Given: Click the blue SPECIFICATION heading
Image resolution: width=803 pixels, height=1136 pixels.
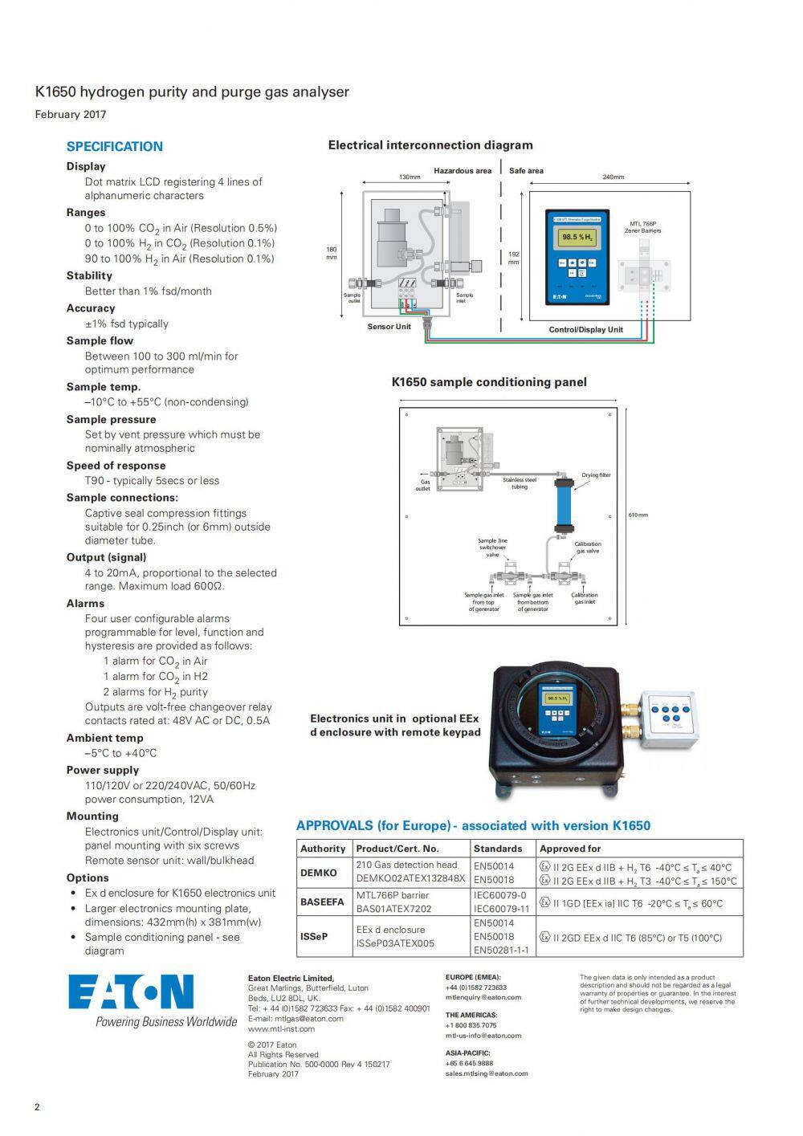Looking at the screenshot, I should pos(114,146).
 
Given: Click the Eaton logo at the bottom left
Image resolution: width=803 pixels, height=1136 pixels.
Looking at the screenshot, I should pos(131,992).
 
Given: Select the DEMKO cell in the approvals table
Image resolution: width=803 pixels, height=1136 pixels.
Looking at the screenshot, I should pos(319,873).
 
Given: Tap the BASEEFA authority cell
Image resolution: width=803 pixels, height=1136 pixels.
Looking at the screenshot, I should pos(322,902).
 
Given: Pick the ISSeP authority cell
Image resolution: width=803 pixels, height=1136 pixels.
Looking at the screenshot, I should pos(314,937).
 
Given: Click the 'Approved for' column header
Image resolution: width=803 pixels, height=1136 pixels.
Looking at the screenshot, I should pos(570,849).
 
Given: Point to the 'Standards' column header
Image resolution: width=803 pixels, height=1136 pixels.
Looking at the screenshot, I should pos(498,849).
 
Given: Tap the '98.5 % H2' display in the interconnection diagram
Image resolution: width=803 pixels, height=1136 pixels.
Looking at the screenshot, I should pos(577,238).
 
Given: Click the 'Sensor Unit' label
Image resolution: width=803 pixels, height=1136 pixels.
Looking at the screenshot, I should pos(389,327).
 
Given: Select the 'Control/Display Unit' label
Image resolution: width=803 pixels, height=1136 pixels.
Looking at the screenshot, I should pos(585,329).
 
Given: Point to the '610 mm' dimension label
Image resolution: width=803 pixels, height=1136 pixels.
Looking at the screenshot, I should pos(638,515).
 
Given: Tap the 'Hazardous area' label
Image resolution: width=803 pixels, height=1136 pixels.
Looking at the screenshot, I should pos(463,171).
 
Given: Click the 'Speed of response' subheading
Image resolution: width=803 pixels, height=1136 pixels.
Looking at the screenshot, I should pos(116,466).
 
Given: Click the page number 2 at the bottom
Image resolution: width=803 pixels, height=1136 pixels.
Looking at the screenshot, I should pos(37,1108).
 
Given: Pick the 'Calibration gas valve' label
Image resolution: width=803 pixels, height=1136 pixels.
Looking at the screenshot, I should pos(587,548).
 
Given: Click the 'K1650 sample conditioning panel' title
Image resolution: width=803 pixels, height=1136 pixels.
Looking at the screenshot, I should pos(489,382).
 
